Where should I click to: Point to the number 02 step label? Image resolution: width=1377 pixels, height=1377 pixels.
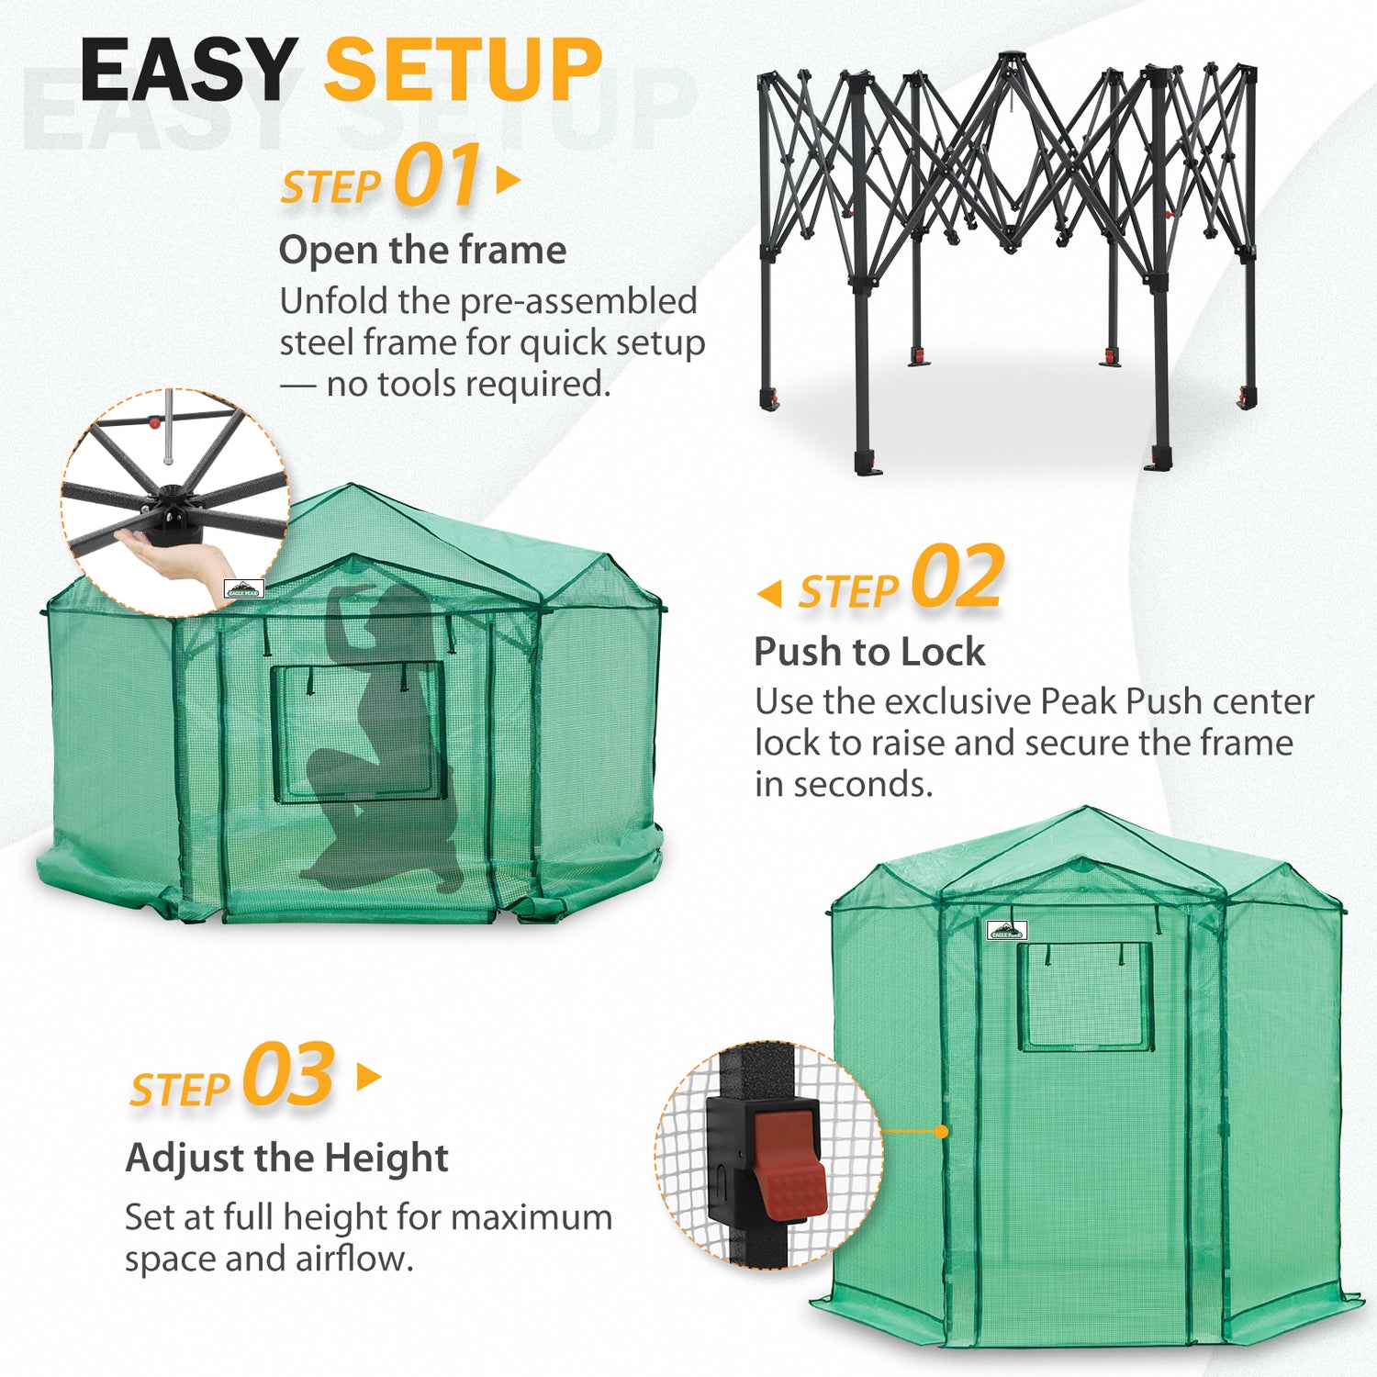pyautogui.click(x=957, y=577)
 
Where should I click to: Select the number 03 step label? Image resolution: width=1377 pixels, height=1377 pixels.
pyautogui.click(x=289, y=1075)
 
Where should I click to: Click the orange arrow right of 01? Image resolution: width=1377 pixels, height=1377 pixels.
pyautogui.click(x=509, y=180)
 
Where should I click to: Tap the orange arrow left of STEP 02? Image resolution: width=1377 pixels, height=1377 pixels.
pyautogui.click(x=769, y=593)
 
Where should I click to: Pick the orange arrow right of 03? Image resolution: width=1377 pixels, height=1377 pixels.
pyautogui.click(x=369, y=1077)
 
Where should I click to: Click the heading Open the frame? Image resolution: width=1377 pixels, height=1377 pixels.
pyautogui.click(x=422, y=251)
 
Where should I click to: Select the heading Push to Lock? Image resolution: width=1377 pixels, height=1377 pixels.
pyautogui.click(x=869, y=652)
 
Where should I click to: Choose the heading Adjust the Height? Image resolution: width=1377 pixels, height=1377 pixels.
pyautogui.click(x=287, y=1158)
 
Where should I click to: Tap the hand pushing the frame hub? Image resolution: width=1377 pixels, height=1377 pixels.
pyautogui.click(x=179, y=556)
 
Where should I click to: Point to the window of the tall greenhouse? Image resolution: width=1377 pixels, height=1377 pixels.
pyautogui.click(x=1086, y=996)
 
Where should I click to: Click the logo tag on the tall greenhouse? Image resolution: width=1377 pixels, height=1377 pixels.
pyautogui.click(x=1007, y=931)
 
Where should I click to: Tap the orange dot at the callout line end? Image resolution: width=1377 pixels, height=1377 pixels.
pyautogui.click(x=941, y=1132)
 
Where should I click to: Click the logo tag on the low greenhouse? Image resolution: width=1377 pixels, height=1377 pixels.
pyautogui.click(x=244, y=589)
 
